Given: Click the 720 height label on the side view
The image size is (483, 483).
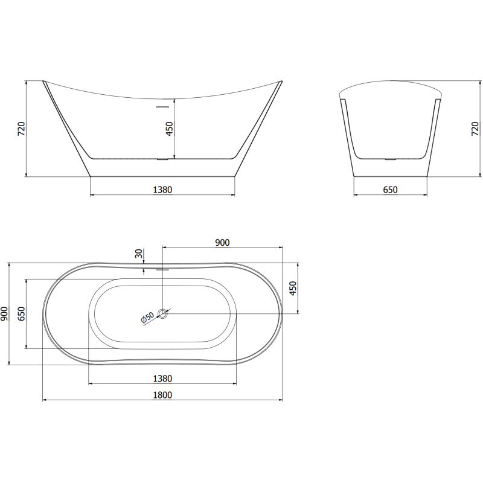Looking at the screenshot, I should [x=21, y=129].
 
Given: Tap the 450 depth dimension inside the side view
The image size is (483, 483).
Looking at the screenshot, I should [x=170, y=129].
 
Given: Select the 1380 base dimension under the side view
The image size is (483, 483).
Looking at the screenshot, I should [x=162, y=190].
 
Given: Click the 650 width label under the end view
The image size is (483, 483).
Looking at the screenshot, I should [x=390, y=190].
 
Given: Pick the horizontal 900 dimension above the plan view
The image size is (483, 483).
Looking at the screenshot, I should [x=222, y=242].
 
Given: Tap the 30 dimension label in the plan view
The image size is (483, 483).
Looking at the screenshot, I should [x=139, y=254].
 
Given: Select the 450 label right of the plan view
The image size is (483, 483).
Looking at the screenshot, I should [x=293, y=289].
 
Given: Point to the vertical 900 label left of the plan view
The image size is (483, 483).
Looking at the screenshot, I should [x=5, y=314].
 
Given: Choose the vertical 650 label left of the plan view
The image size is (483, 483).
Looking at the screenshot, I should [x=21, y=314].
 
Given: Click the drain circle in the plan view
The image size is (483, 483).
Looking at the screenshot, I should [x=162, y=313].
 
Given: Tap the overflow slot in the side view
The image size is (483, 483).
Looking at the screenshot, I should [x=162, y=107].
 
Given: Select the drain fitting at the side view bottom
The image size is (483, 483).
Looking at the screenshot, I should [x=162, y=159].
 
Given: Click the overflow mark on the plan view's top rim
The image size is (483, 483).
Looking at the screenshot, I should [x=162, y=269].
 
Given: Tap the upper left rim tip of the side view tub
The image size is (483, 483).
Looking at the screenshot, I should [x=44, y=81].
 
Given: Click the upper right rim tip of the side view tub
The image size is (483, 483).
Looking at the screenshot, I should [x=281, y=81].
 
